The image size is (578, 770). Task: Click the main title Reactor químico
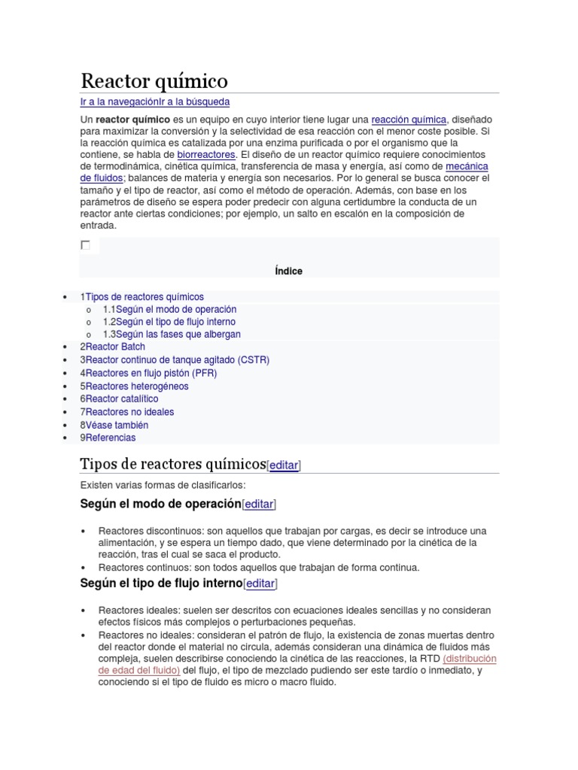154,80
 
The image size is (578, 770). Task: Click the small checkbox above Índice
85,245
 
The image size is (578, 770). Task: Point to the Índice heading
289,271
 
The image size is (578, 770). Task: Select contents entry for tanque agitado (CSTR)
175,360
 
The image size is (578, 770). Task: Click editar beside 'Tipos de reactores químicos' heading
284,465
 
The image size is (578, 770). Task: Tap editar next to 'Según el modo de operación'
259,505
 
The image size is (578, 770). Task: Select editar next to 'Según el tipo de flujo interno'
260,584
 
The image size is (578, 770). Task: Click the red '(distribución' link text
470,659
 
